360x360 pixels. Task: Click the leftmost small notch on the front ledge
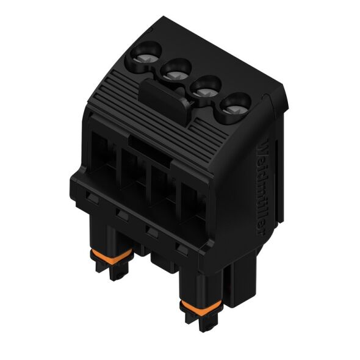click(x=90, y=197)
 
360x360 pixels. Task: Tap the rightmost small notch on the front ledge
click(x=181, y=247)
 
